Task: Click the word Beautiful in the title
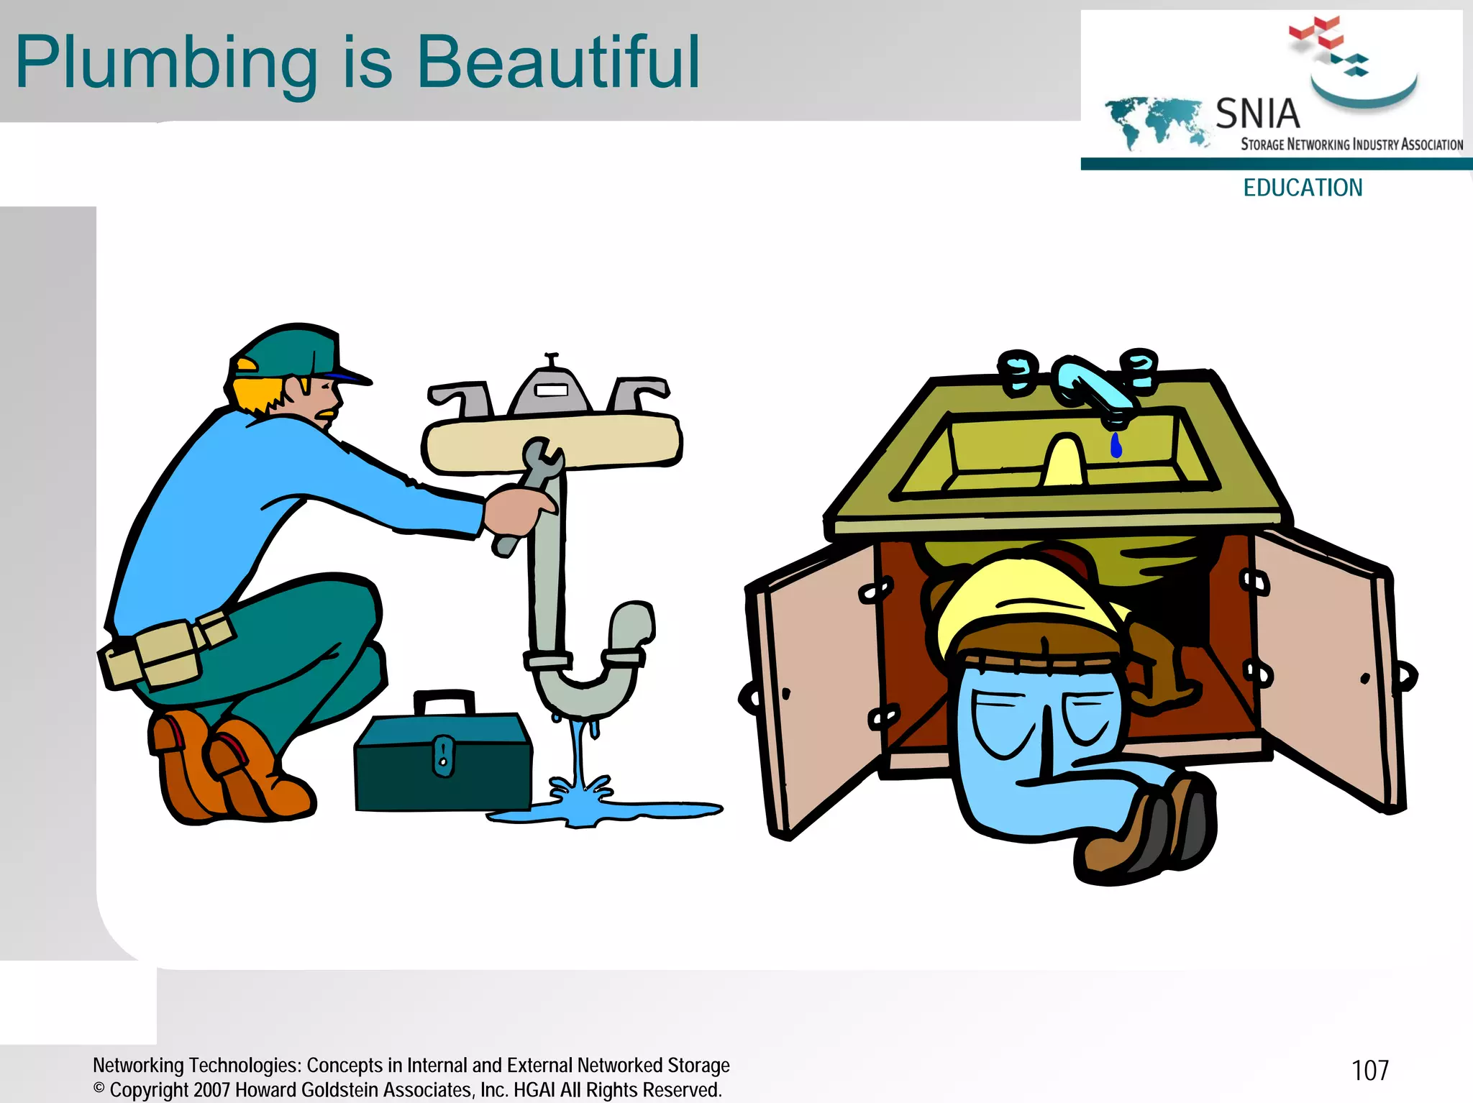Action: pos(557,63)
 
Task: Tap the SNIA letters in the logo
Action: pos(1257,114)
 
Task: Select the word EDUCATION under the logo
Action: pos(1303,188)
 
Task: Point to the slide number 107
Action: pos(1369,1071)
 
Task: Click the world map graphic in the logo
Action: pos(1155,121)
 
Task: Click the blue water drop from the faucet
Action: pos(1116,446)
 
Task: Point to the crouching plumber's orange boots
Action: pos(230,769)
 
